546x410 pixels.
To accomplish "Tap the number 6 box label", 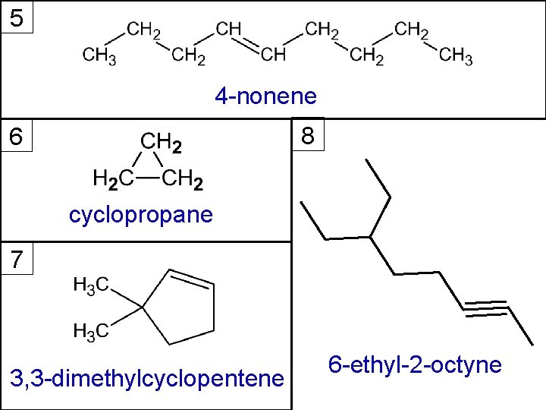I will pos(17,137).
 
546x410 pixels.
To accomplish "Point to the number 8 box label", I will pos(308,137).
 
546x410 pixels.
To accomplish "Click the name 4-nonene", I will pos(265,96).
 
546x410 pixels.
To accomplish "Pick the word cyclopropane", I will pos(141,216).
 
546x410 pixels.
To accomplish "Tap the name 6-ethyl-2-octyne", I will pos(415,365).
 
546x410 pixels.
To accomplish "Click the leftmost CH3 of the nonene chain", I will pos(99,56).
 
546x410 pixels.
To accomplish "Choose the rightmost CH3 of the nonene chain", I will pos(456,56).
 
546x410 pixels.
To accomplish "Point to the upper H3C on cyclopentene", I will pos(91,285).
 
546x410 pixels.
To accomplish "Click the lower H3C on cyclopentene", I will pos(91,331).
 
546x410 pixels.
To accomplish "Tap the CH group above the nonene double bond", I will pos(228,30).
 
